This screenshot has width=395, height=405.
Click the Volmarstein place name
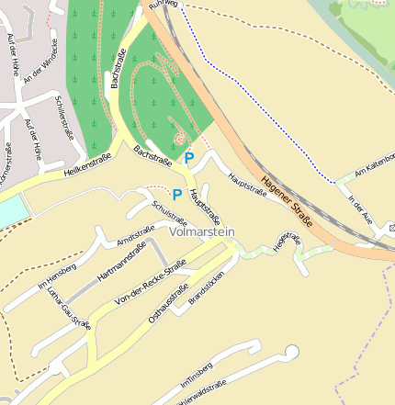point(202,232)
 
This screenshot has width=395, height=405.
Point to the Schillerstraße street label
point(63,118)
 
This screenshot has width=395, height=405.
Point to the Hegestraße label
point(286,242)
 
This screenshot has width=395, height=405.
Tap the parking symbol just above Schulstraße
point(176,195)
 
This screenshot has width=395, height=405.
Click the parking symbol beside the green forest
point(188,158)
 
